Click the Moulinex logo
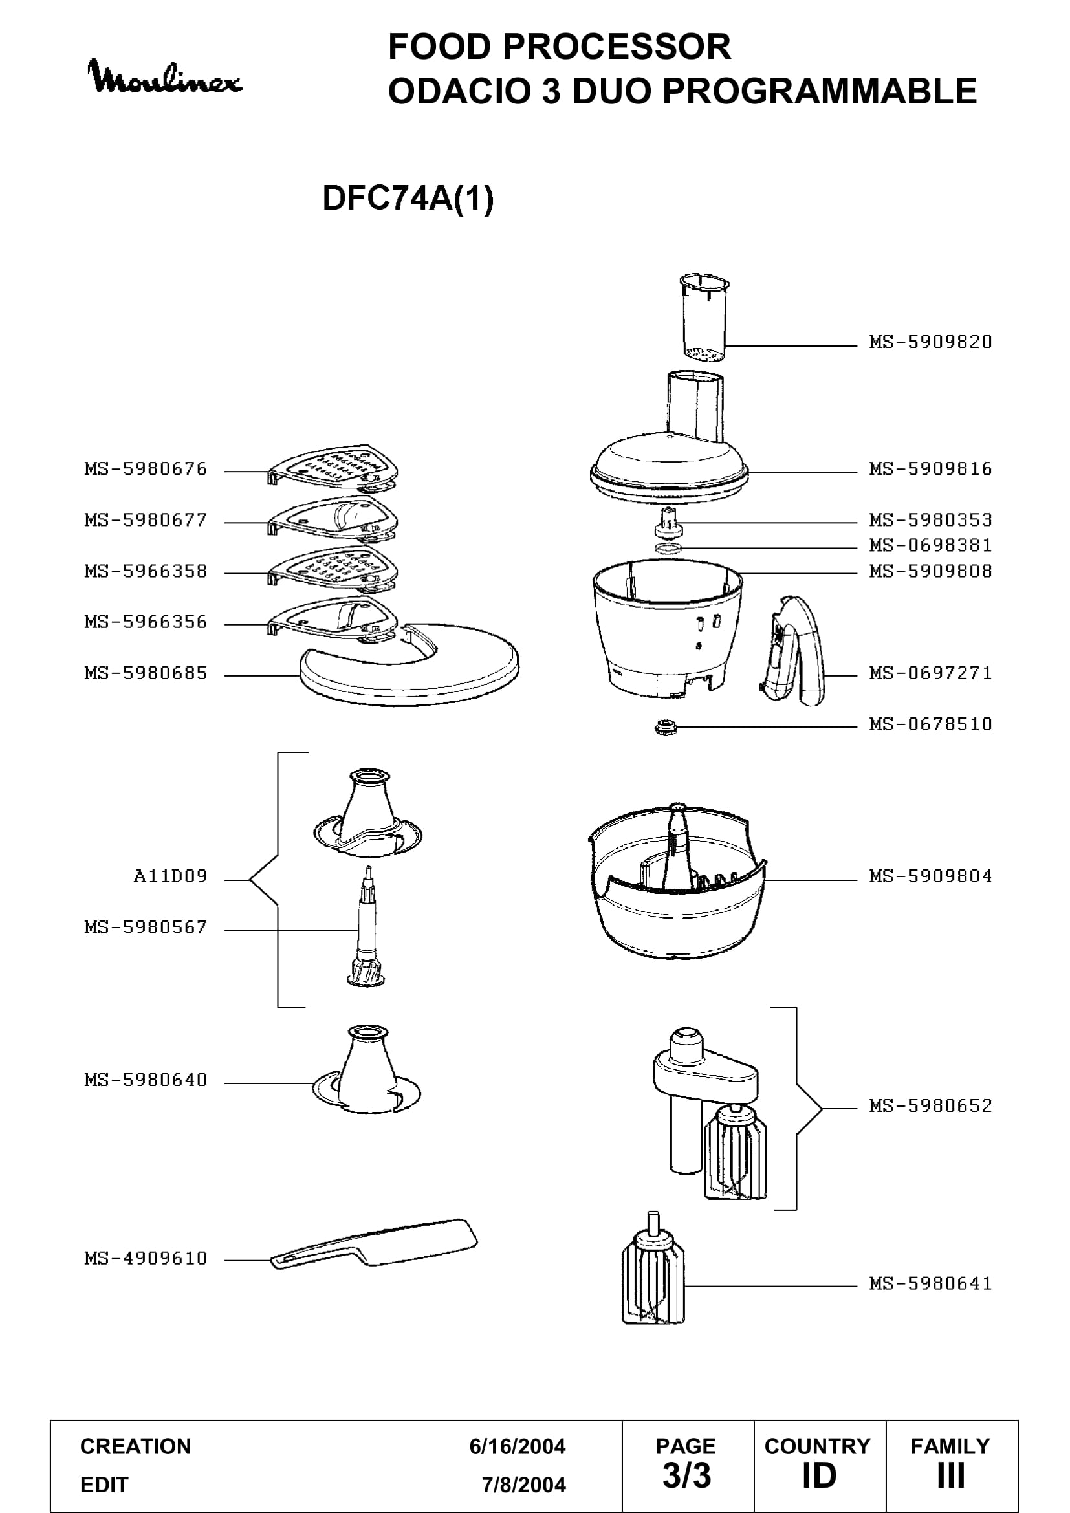pos(166,77)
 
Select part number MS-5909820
pos(930,342)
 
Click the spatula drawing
pos(374,1245)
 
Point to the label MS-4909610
pos(146,1258)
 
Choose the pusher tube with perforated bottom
pos(704,318)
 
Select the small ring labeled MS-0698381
pos(669,548)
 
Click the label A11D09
pos(171,876)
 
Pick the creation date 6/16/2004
pos(518,1446)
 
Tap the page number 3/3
pos(686,1476)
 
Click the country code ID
pos(819,1476)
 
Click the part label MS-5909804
pos(930,876)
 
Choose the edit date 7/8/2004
pos(524,1485)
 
